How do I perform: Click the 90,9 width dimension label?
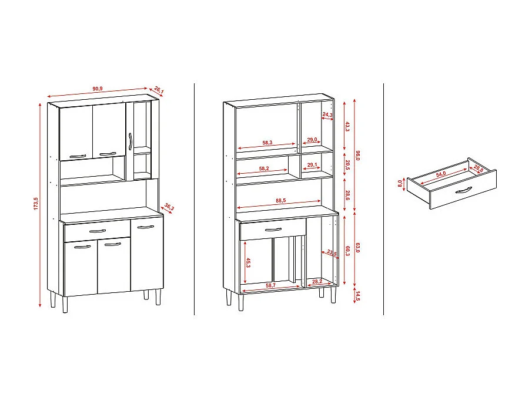point(98,89)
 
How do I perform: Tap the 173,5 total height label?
point(35,204)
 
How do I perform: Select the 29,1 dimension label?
point(312,165)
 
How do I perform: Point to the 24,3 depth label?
point(327,114)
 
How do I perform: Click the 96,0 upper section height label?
point(357,156)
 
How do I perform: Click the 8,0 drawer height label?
point(399,185)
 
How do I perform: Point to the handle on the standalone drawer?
point(463,189)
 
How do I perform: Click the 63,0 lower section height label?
point(357,249)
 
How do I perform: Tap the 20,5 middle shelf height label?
point(347,165)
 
